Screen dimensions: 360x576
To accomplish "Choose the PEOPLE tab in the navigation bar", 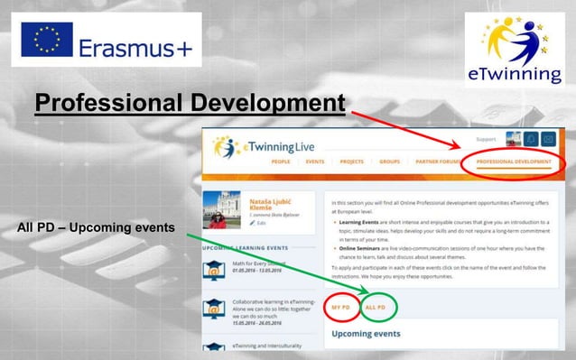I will click(282, 162).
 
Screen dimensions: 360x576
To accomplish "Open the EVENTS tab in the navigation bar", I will click(315, 162).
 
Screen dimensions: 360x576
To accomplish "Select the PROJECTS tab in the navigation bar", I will click(351, 162).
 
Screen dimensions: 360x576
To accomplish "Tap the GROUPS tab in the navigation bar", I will click(389, 162).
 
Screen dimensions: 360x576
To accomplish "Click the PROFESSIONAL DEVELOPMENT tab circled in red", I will click(513, 162).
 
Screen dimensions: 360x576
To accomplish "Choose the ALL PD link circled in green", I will click(377, 309).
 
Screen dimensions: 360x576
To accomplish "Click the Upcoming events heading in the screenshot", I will click(367, 334).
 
